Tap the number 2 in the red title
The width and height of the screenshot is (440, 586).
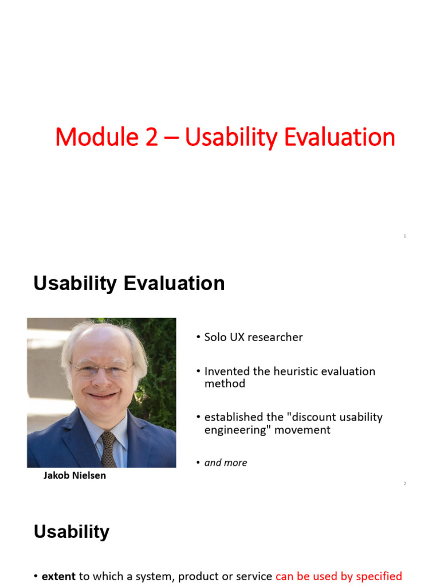(x=151, y=138)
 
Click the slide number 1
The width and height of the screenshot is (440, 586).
(x=404, y=236)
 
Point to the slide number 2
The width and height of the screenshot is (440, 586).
(x=404, y=484)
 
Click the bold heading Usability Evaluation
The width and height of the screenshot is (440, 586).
(x=129, y=283)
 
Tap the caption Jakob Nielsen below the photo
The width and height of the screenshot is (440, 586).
(x=74, y=476)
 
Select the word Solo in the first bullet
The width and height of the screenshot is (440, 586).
(x=216, y=337)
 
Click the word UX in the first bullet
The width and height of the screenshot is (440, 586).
(x=239, y=337)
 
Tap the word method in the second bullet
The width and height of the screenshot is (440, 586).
(x=225, y=384)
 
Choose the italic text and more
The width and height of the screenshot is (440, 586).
(x=226, y=462)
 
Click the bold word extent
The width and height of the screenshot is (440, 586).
(x=58, y=576)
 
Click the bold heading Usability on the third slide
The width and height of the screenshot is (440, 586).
(x=71, y=532)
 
